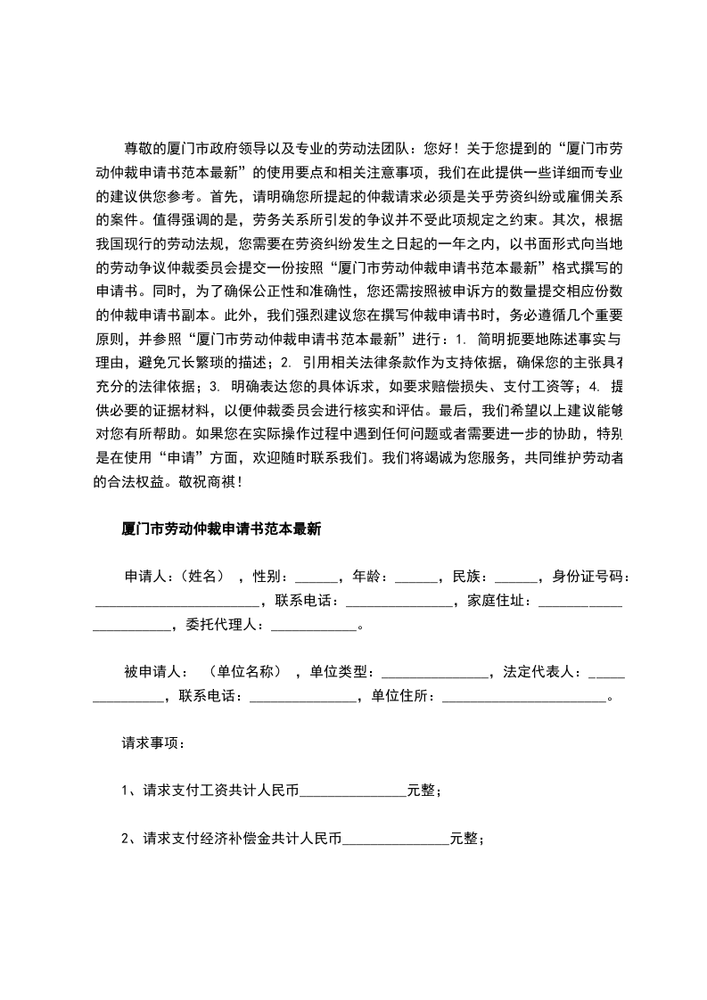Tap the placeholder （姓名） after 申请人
click(x=211, y=577)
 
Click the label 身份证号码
click(x=590, y=577)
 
